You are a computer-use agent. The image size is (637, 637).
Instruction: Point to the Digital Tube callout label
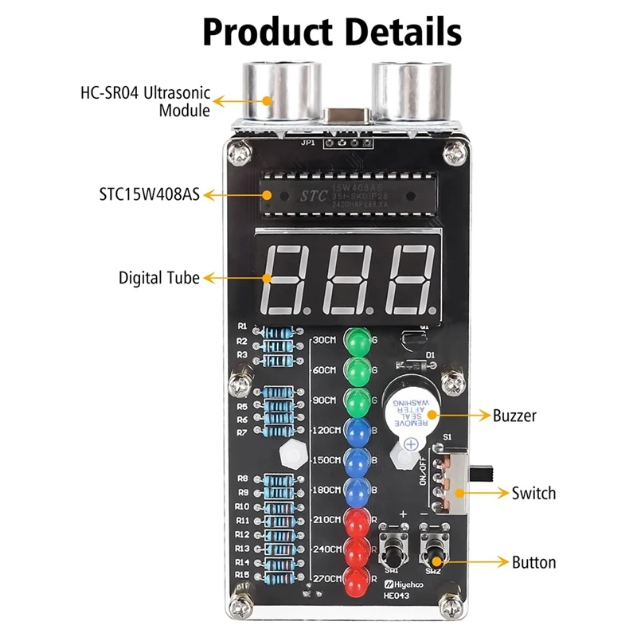pyautogui.click(x=159, y=278)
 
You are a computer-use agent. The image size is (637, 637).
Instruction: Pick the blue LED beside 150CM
pyautogui.click(x=358, y=460)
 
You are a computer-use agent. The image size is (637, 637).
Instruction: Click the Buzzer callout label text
pyautogui.click(x=514, y=416)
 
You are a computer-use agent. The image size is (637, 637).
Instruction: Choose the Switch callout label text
pyautogui.click(x=533, y=494)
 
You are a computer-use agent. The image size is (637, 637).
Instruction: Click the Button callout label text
pyautogui.click(x=533, y=563)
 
